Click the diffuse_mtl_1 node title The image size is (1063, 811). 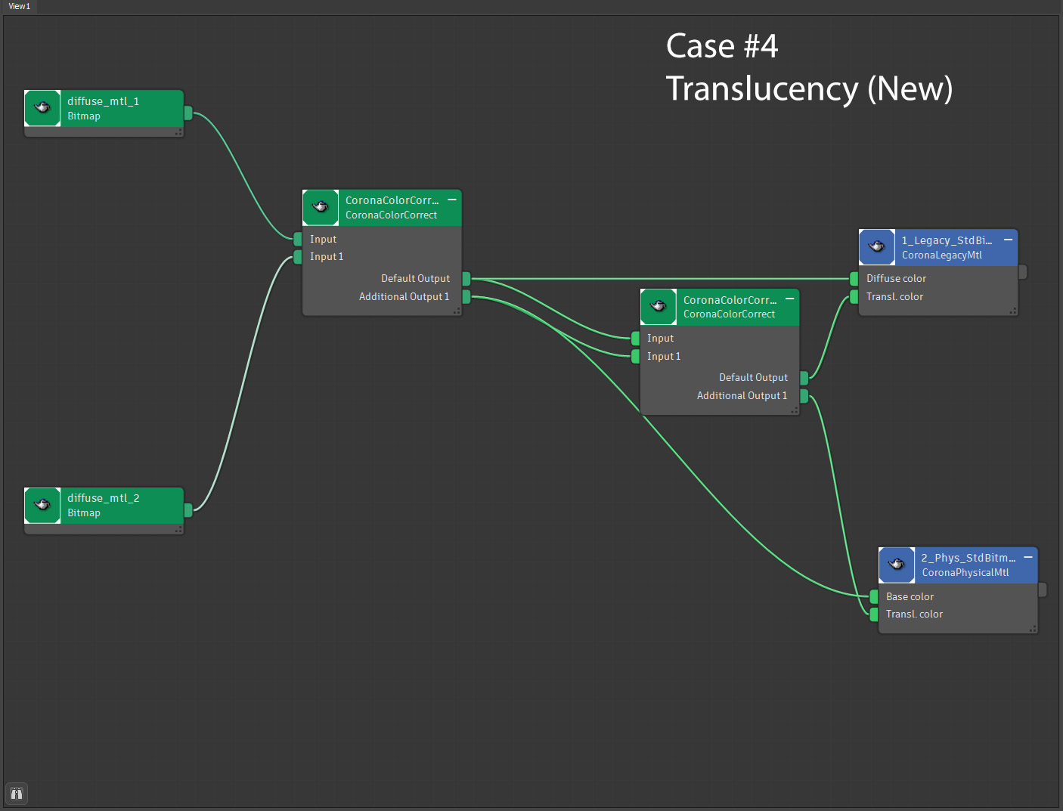[103, 101]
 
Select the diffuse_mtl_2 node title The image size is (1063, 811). [103, 498]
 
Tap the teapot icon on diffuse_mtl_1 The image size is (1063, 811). [42, 108]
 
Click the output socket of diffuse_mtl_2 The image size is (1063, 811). [188, 509]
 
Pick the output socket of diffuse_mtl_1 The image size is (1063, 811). [188, 113]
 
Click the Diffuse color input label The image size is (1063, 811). [896, 279]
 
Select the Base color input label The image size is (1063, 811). [910, 597]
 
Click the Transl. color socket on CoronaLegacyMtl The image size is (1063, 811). [854, 297]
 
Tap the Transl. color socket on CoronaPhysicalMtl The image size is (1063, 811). [874, 614]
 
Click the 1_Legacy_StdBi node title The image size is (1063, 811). [947, 240]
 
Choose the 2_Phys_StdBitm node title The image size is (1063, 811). [968, 558]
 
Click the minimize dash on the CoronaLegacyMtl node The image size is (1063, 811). [1008, 240]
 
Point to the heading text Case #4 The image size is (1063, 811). [721, 46]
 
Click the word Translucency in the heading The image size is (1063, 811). [761, 89]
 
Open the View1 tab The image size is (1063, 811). [19, 6]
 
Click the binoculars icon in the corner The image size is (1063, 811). [17, 794]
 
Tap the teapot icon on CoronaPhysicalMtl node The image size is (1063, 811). [897, 565]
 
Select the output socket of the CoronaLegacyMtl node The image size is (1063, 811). [1023, 272]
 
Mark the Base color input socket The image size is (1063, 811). [874, 597]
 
